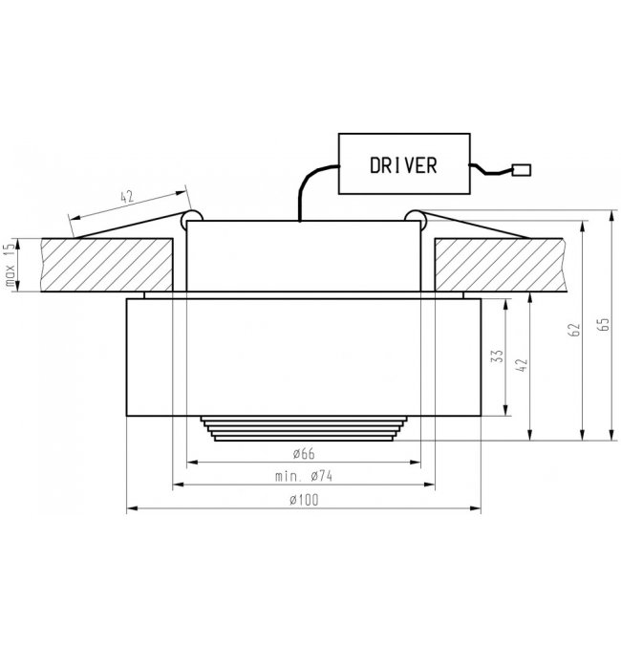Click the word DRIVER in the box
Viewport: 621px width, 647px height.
pyautogui.click(x=403, y=165)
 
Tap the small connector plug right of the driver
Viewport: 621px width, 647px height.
pyautogui.click(x=522, y=170)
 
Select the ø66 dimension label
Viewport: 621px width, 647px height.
pyautogui.click(x=304, y=454)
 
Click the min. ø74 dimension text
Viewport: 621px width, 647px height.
pyautogui.click(x=304, y=477)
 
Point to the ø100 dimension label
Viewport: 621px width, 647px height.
pyautogui.click(x=304, y=500)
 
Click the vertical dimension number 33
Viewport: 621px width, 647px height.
pyautogui.click(x=499, y=356)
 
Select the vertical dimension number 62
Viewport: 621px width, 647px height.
pyautogui.click(x=574, y=330)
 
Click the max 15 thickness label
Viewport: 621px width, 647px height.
pyautogui.click(x=11, y=265)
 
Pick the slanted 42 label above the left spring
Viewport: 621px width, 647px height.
pyautogui.click(x=127, y=197)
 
